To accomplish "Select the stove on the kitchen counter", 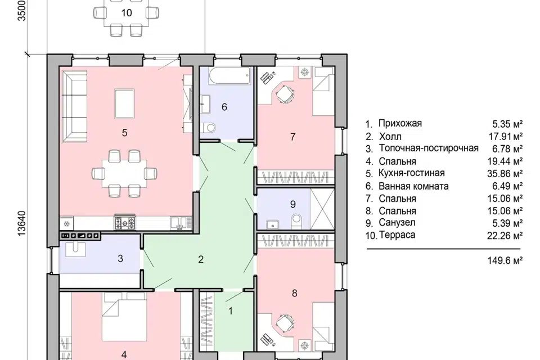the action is (125, 223).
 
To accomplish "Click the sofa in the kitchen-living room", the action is (74, 106).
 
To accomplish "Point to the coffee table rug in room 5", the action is (124, 103).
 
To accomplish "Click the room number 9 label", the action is (292, 204).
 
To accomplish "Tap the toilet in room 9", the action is (296, 222).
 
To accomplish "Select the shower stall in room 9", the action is (322, 209).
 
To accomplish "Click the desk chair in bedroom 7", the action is (285, 93).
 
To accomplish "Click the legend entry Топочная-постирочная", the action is (429, 148).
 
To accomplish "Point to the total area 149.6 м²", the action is (505, 260).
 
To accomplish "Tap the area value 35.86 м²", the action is (505, 173).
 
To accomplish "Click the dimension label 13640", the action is (21, 223).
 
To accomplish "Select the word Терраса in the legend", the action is (397, 235).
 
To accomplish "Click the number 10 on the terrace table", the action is (127, 13).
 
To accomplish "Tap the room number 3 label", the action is (120, 258).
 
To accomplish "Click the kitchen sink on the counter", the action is (178, 223).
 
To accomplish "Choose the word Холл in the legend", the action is (390, 137).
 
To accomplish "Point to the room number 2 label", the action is (201, 259).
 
